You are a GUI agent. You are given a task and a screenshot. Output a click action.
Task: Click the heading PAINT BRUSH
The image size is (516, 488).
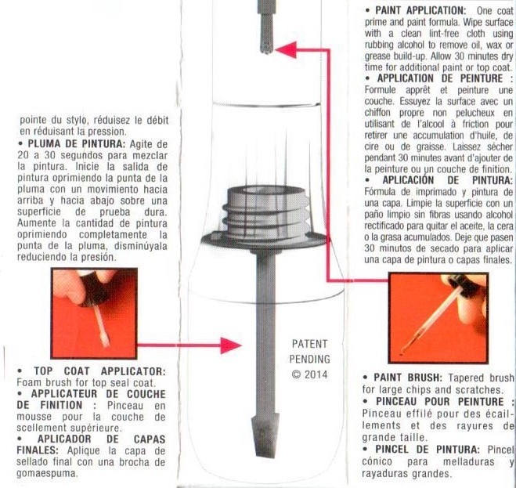(416, 378)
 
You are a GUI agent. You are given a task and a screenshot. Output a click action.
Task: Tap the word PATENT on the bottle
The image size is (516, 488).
(309, 344)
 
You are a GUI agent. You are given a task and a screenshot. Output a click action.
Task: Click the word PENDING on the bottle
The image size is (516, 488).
(309, 359)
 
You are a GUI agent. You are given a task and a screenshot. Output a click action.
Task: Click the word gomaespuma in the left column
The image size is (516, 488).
(49, 475)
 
